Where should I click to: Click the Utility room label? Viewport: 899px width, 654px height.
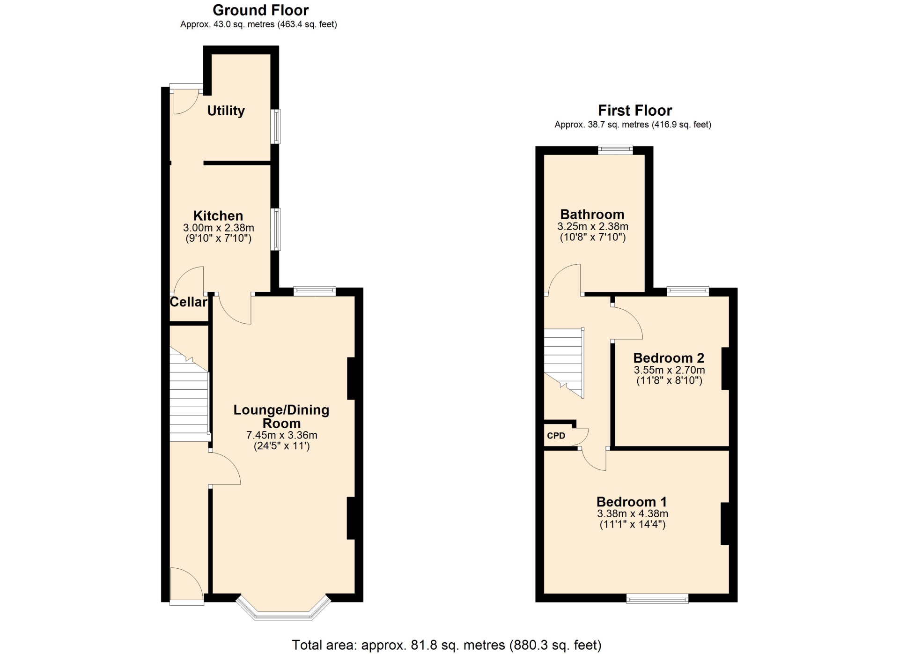[x=226, y=111]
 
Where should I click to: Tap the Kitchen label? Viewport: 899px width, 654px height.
[x=218, y=216]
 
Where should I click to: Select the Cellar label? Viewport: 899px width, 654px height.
[x=188, y=302]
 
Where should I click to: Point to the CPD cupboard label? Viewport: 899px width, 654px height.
[x=556, y=436]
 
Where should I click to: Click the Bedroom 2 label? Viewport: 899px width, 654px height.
[x=669, y=358]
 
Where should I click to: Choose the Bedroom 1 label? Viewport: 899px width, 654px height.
[x=632, y=502]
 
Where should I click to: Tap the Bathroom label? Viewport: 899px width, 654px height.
[x=592, y=215]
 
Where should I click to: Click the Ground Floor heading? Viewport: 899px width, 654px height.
[x=260, y=10]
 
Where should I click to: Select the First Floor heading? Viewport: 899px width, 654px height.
[x=635, y=111]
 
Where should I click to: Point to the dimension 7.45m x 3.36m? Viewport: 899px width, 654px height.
[x=282, y=435]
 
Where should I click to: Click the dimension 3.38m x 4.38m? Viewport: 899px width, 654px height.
[x=633, y=513]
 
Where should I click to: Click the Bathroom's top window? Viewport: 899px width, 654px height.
[x=615, y=150]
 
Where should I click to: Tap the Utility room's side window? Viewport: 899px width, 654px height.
[x=276, y=126]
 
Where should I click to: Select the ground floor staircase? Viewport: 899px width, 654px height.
[x=189, y=394]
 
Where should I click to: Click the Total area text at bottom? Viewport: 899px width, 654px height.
[x=447, y=645]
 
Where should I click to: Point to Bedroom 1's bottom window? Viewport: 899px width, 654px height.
[x=657, y=598]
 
